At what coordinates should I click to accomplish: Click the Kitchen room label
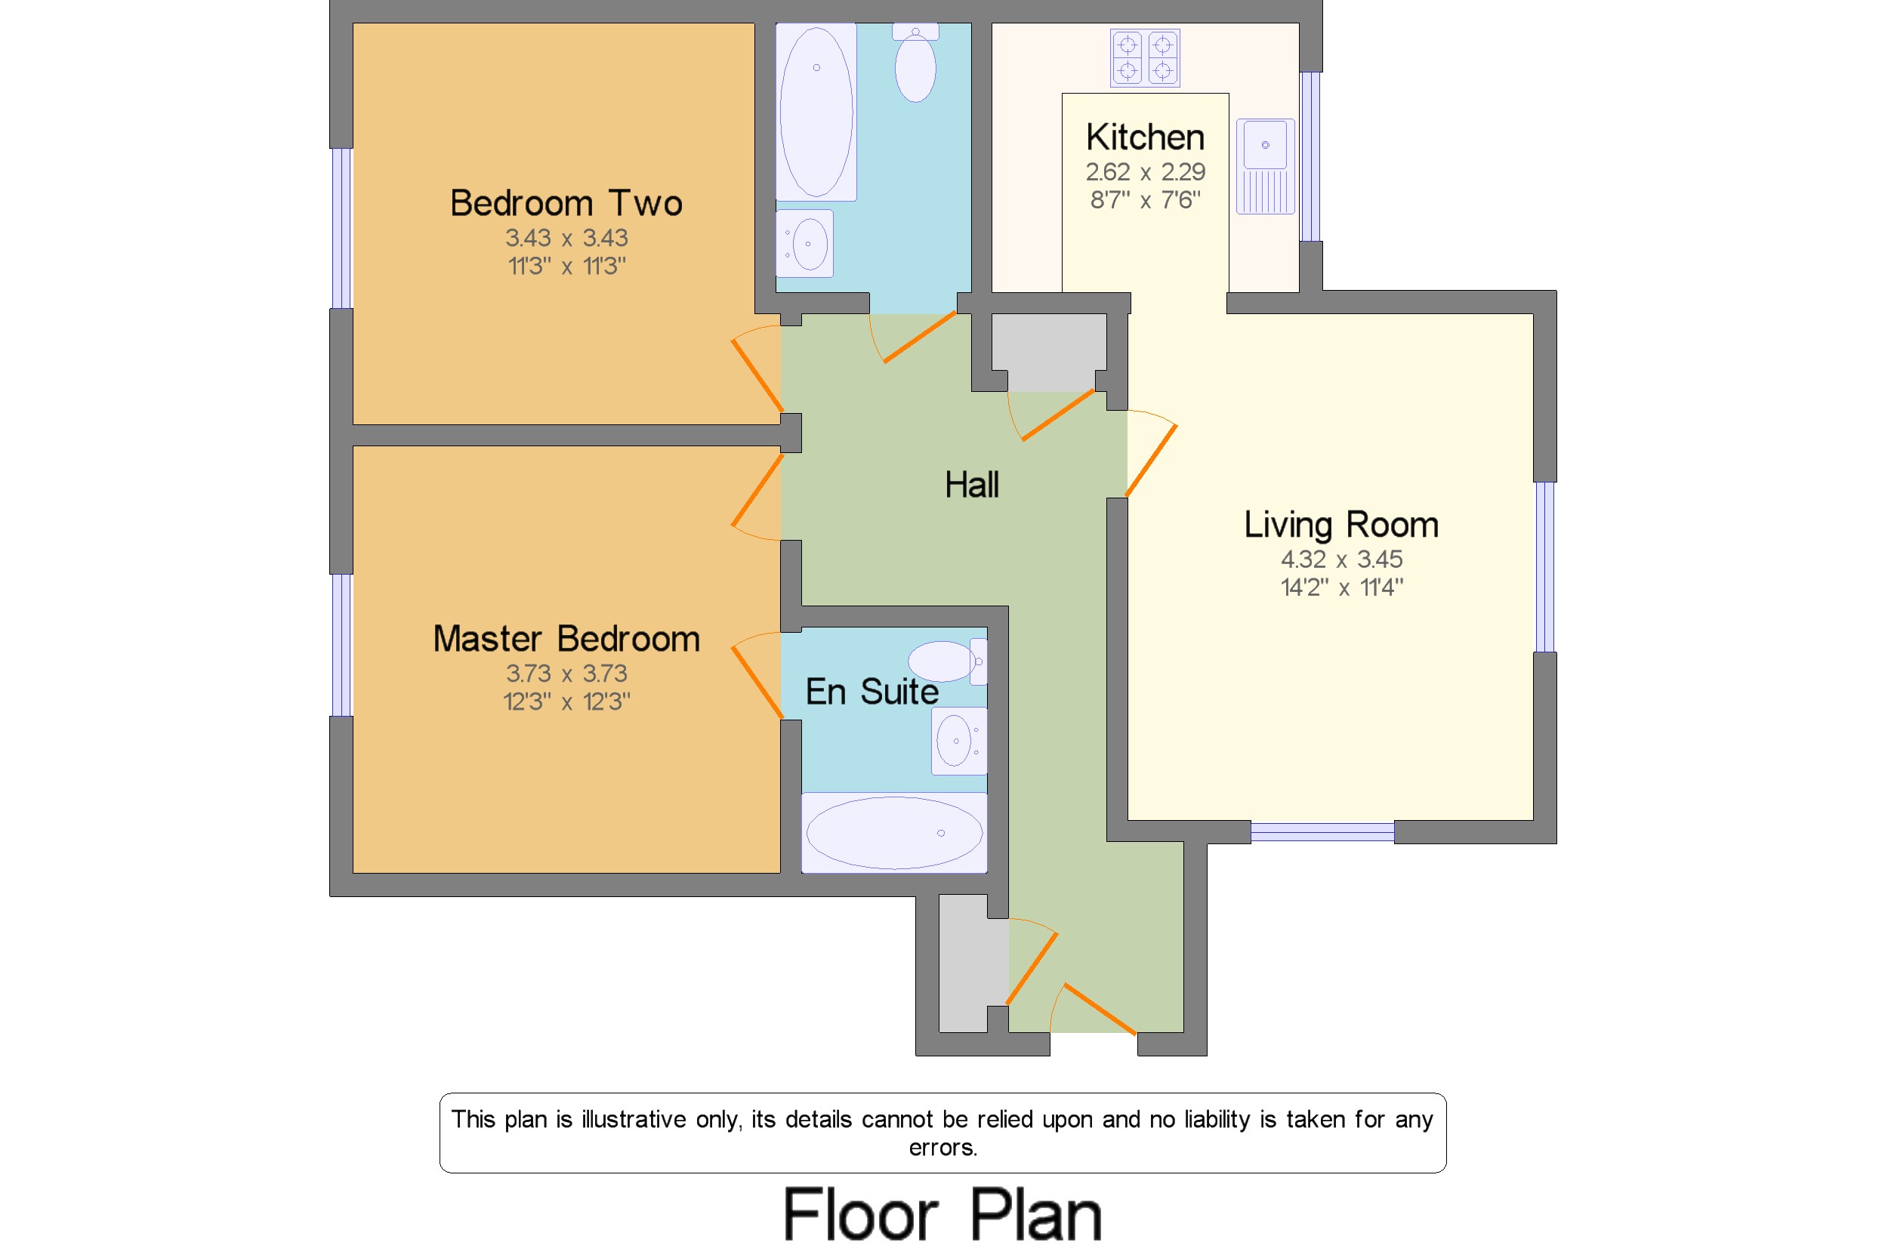1145,137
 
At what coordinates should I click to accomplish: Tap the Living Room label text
1340,525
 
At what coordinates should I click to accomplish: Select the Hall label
972,485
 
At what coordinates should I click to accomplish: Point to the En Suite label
872,692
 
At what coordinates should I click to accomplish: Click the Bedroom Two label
566,203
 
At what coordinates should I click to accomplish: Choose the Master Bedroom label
566,640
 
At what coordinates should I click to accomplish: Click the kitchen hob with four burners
1145,57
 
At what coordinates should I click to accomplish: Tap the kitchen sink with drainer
1266,166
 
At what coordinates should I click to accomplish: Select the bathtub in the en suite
894,833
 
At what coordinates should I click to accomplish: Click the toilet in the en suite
948,661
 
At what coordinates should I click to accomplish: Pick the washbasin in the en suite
959,741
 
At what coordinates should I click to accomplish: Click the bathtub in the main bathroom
816,112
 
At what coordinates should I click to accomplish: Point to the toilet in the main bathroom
915,63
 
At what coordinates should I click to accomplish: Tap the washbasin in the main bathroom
805,243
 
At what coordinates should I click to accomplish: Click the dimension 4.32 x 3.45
1340,560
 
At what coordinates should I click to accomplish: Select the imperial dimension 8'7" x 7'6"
1145,200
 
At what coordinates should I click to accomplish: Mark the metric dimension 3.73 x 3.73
566,674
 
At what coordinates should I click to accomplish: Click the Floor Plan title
942,1215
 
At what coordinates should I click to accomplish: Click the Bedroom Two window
342,229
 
